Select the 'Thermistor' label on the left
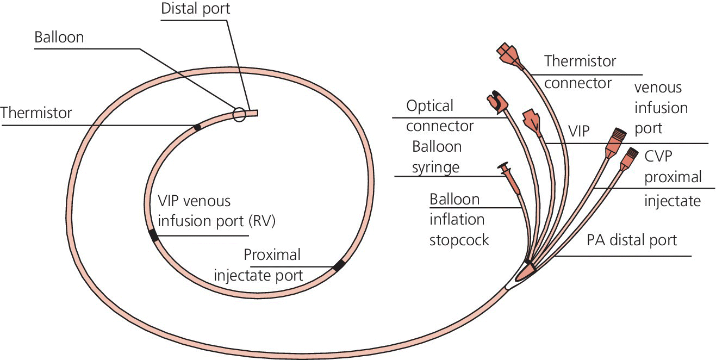coord(36,113)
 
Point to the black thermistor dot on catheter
coord(197,127)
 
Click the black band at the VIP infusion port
coord(154,236)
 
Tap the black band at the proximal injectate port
coord(339,265)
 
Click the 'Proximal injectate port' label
coord(259,265)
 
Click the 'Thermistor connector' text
coord(580,72)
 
